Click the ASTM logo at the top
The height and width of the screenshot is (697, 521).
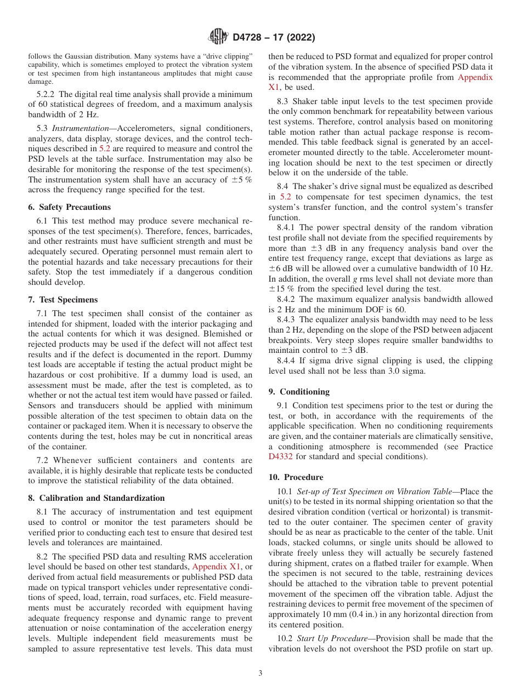[218, 37]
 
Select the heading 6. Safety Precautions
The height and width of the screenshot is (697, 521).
[75, 207]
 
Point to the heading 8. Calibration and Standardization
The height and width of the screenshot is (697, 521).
[96, 498]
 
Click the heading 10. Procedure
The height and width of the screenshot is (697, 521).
[296, 477]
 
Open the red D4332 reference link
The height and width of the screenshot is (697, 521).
[281, 456]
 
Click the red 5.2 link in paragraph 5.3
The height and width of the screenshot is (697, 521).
[105, 149]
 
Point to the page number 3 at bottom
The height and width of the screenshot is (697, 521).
[260, 673]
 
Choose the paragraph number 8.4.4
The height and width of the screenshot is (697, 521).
[287, 361]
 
